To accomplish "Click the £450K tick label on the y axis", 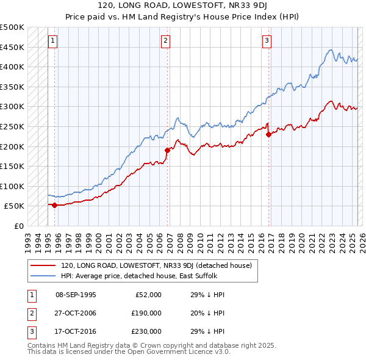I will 12,47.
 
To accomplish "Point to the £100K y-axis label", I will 12,186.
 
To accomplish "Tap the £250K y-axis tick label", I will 12,126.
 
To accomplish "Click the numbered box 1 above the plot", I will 53,41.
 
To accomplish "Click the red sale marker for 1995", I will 55,205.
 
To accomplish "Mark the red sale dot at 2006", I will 167,150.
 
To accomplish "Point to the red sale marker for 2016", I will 268,134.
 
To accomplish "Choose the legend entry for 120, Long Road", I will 160,265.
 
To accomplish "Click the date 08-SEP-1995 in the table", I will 76,295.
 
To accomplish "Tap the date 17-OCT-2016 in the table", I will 76,331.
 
